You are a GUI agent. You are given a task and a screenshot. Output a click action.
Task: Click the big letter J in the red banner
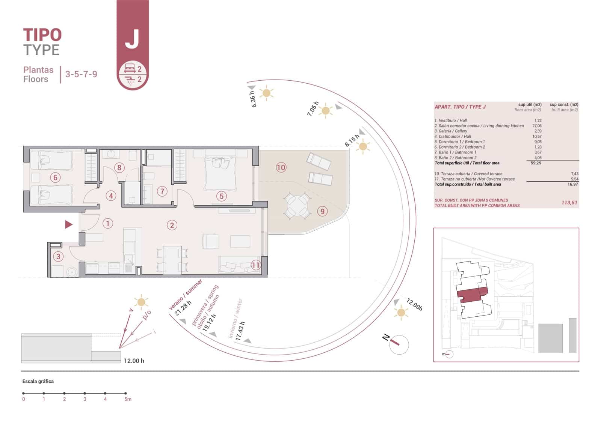132,39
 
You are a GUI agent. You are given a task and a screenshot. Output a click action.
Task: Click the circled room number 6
56,177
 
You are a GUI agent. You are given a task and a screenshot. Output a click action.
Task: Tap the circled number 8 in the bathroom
119,167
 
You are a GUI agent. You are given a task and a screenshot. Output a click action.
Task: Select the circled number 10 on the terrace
281,167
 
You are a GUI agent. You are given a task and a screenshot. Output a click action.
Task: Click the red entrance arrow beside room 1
69,224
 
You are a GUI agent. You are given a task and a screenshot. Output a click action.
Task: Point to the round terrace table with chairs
297,206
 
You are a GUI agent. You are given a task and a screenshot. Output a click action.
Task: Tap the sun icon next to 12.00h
401,313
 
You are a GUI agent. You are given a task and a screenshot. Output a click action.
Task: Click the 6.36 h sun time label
253,99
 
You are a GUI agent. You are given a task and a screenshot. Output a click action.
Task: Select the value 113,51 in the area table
569,203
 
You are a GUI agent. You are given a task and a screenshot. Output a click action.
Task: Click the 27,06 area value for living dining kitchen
537,126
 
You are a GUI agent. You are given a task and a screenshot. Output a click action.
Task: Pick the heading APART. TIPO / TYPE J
460,107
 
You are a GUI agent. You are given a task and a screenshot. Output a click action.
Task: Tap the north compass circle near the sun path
399,345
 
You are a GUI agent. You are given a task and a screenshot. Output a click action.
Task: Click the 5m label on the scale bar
128,399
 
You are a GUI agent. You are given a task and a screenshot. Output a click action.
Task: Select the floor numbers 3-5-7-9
81,74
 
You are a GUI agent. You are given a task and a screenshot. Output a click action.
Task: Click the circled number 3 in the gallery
58,257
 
